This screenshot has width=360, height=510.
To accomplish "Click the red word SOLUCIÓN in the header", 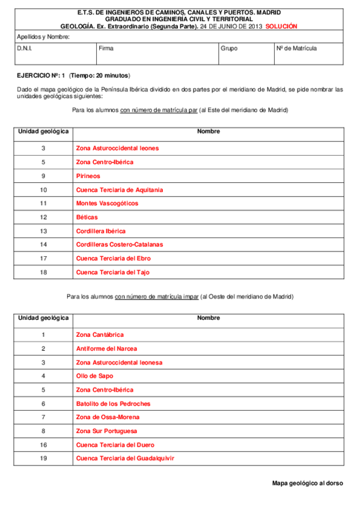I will (281, 26).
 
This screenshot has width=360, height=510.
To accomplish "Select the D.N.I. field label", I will (25, 48).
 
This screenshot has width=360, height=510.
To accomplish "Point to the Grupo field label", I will (229, 48).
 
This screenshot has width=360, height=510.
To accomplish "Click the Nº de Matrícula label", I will (296, 48).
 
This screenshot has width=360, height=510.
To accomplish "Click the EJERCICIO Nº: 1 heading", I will (40, 75).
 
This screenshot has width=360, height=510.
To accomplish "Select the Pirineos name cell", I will (88, 176).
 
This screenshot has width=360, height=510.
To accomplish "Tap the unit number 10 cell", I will (43, 190).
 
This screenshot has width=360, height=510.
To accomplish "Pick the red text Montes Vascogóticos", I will (107, 203).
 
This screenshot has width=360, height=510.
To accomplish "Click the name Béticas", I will (87, 217).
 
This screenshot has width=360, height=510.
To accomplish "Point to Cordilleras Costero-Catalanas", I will (120, 245).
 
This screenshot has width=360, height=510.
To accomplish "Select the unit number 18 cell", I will (43, 272).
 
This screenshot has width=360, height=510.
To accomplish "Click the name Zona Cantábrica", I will (100, 334).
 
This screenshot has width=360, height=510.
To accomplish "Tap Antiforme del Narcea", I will (106, 348).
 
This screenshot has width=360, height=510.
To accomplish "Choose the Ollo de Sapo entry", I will (95, 376).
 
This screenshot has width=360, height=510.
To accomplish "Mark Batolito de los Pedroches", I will (113, 404).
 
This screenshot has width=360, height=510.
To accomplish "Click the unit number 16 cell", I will (43, 444).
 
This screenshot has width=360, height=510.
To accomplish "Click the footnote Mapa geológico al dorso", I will (307, 483).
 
